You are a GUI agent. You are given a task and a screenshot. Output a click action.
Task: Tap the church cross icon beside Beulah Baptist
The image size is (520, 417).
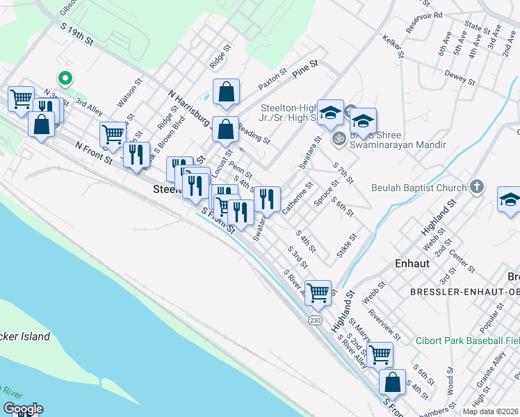tap(476, 186)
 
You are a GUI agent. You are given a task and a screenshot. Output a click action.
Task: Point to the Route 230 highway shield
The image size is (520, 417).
tap(315, 319)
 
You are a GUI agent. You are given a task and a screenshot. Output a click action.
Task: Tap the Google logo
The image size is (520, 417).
tap(22, 409)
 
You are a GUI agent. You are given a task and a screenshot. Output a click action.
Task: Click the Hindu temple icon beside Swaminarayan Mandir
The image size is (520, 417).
tap(339, 136)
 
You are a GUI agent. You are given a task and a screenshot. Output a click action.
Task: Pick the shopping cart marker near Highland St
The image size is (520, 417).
tap(318, 292)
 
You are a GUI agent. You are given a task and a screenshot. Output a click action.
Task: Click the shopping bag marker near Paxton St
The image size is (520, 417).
tap(226, 92)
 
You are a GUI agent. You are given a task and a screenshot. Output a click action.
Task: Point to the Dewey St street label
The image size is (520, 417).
tap(460, 76)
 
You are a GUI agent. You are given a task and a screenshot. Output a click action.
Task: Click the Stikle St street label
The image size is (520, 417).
tap(347, 246)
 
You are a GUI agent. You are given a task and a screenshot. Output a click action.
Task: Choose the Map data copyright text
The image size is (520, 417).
tap(491, 411)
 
